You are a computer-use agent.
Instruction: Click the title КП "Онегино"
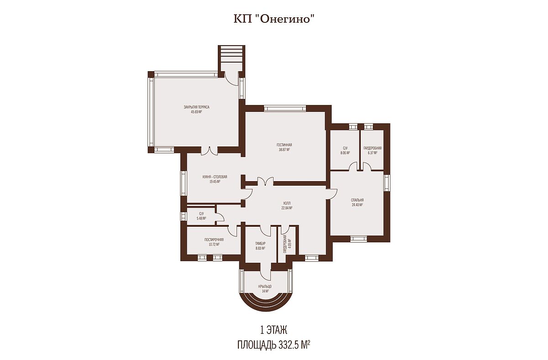pyautogui.click(x=274, y=19)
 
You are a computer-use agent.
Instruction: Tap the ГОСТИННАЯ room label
pyautogui.click(x=284, y=145)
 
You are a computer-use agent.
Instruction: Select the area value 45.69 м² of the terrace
pyautogui.click(x=196, y=112)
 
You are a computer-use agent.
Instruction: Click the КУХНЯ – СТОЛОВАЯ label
pyautogui.click(x=215, y=177)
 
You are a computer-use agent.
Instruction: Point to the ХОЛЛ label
pyautogui.click(x=287, y=203)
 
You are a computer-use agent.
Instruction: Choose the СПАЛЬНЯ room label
pyautogui.click(x=357, y=200)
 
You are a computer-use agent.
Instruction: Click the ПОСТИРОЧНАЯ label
pyautogui.click(x=214, y=240)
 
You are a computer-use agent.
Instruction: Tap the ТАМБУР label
pyautogui.click(x=260, y=244)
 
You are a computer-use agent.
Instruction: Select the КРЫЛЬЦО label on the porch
pyautogui.click(x=265, y=287)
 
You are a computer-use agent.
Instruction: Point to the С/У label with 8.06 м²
pyautogui.click(x=345, y=148)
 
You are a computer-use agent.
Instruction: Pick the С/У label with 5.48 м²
pyautogui.click(x=201, y=214)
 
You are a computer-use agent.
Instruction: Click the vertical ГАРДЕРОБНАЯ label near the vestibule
pyautogui.click(x=285, y=245)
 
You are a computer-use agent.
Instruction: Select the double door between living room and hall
pyautogui.click(x=265, y=181)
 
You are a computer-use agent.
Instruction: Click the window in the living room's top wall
pyautogui.click(x=285, y=108)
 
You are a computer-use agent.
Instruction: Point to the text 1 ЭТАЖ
pyautogui.click(x=274, y=331)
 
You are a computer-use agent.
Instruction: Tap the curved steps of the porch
pyautogui.click(x=265, y=303)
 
